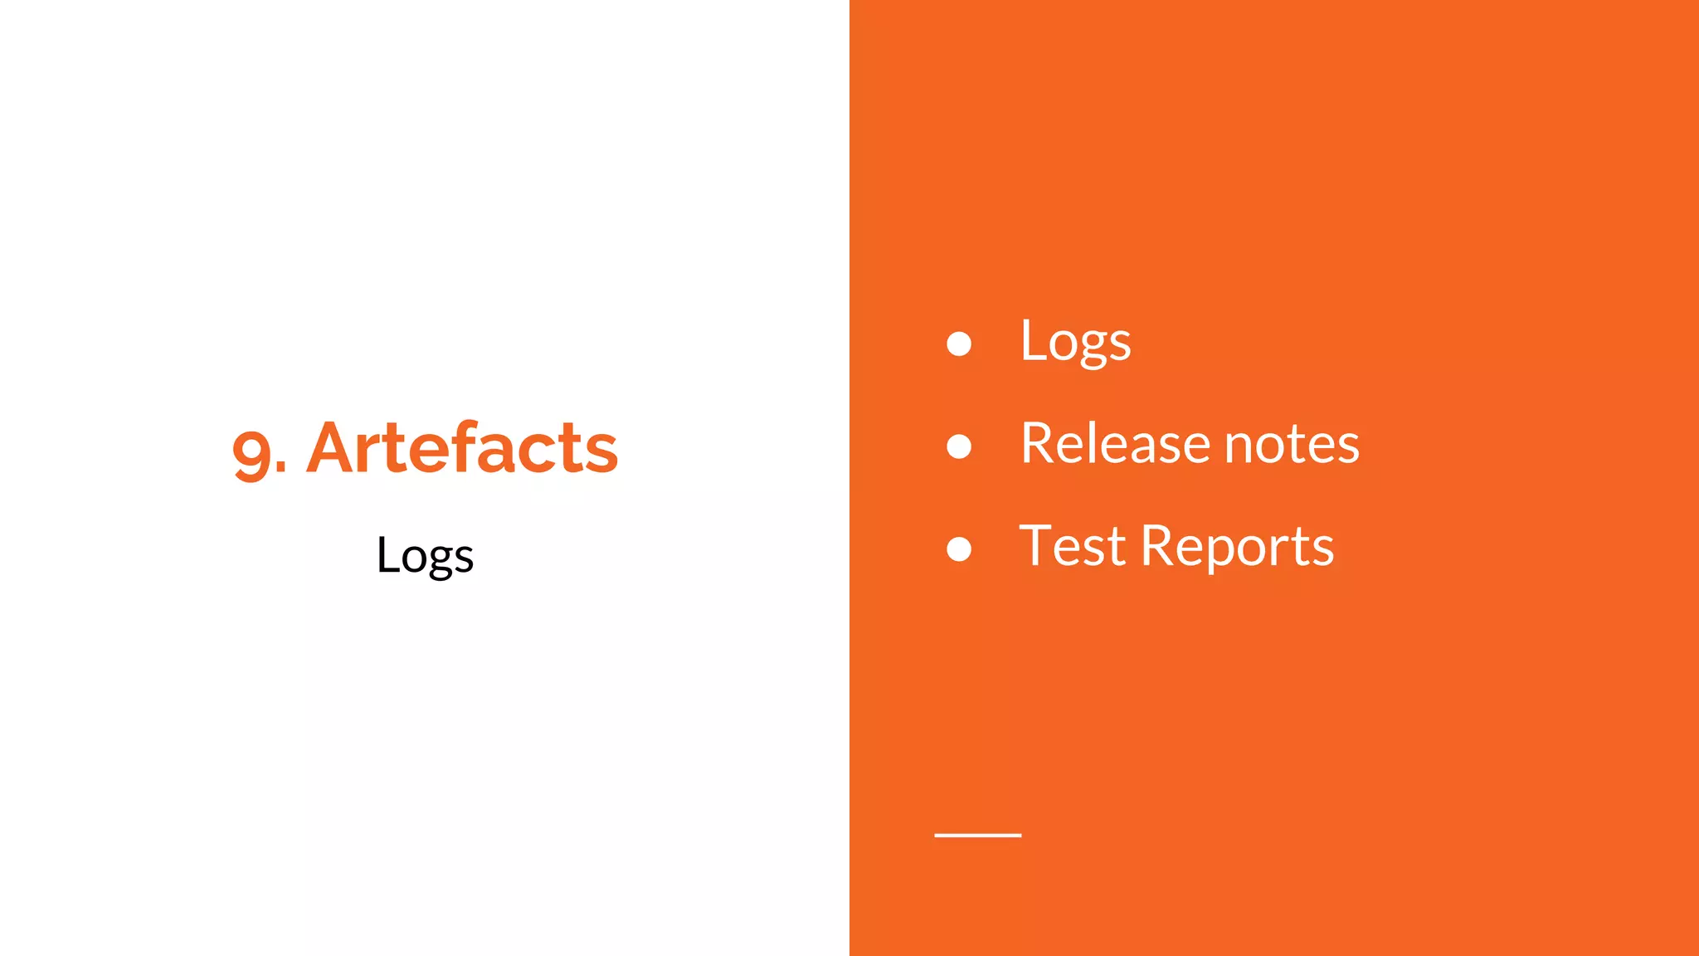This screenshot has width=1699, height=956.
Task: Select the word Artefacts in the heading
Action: point(462,448)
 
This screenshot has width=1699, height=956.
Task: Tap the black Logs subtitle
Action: point(425,555)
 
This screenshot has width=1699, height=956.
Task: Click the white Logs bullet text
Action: point(1075,342)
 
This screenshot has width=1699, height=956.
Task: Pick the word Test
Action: point(1073,546)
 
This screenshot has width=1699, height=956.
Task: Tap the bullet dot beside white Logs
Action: point(959,344)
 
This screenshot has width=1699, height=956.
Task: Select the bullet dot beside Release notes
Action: point(959,446)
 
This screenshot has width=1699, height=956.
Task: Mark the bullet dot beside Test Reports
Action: point(959,549)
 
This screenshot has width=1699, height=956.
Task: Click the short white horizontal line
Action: point(977,835)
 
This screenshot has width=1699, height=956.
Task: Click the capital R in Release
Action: point(1039,443)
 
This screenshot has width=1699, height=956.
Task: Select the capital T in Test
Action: point(1037,545)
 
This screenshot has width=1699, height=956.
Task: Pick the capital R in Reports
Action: point(1159,546)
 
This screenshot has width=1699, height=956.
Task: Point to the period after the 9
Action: point(280,471)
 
